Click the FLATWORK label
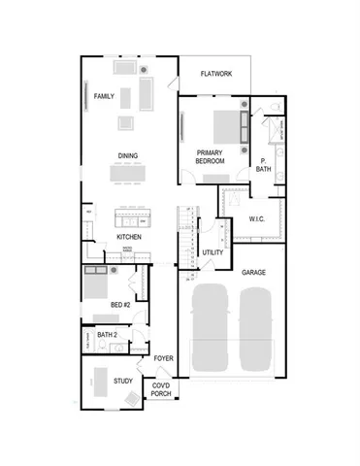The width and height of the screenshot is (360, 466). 215,74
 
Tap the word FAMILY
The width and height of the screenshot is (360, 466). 104,97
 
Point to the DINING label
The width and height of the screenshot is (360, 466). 127,155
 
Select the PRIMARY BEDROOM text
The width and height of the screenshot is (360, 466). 211,157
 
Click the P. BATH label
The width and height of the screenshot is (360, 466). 264,165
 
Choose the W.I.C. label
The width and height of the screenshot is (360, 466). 257,219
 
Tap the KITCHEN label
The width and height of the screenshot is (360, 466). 129,237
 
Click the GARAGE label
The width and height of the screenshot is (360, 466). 254,274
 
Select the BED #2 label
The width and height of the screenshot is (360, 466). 120,305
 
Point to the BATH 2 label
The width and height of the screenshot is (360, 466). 107,335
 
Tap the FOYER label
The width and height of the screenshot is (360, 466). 163,358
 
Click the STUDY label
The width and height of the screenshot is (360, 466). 122,382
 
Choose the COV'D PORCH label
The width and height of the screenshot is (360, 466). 161,390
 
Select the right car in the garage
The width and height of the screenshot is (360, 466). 257,327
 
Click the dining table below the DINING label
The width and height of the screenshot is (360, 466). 132,174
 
